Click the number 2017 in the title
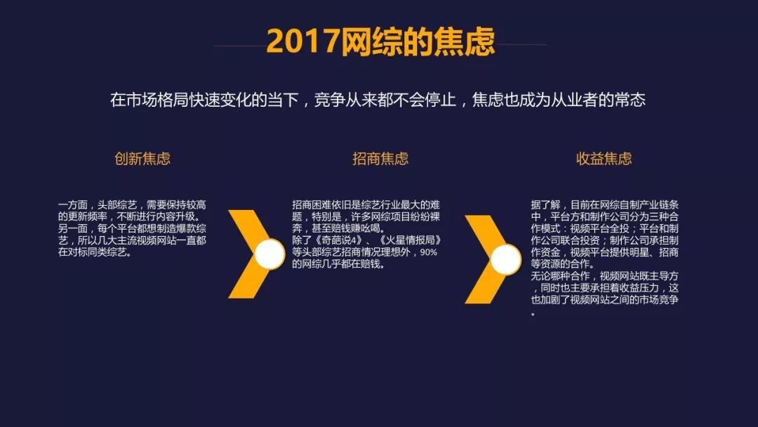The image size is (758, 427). click(x=302, y=41)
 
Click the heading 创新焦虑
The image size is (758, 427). click(x=142, y=159)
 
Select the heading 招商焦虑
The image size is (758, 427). click(x=380, y=159)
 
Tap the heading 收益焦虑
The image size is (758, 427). click(x=604, y=159)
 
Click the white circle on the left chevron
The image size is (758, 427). click(x=270, y=254)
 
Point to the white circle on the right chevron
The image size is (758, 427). click(x=506, y=259)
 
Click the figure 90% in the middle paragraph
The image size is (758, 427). click(x=428, y=252)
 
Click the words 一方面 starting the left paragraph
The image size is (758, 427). click(x=72, y=205)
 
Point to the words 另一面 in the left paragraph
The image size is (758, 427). click(x=72, y=229)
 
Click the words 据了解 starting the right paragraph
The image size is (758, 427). click(x=545, y=205)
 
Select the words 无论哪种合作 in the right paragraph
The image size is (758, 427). click(x=560, y=276)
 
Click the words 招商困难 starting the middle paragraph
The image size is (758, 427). click(x=312, y=205)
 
